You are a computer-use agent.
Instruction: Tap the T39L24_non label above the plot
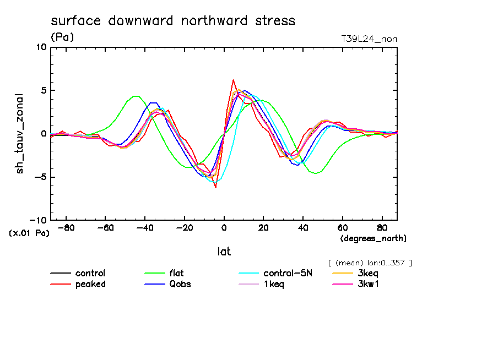369,39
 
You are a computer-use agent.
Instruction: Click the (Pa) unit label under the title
62,37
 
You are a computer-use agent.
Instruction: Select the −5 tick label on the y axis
40,177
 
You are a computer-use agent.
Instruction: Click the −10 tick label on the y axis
37,220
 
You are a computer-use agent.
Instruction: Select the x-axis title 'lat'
224,252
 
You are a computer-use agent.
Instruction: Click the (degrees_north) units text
373,238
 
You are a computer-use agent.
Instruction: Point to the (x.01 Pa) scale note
29,233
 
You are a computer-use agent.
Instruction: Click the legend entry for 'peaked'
90,284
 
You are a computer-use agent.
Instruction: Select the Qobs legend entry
180,284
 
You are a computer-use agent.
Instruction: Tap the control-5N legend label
288,273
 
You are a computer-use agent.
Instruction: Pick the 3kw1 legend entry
369,284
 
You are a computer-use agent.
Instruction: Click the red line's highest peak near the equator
233,80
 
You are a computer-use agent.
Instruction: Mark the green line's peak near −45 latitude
136,96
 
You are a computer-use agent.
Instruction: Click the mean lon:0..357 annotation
369,263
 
